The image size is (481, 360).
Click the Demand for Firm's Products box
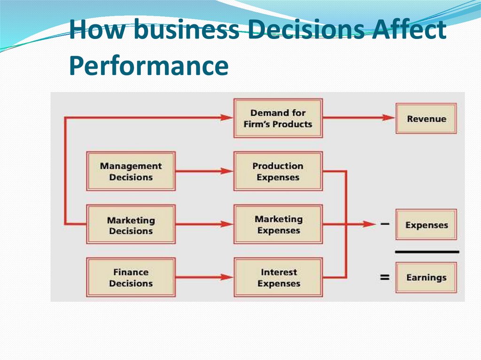pos(278,118)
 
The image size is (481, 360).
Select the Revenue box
pos(426,119)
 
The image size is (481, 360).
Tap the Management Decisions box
pos(131,171)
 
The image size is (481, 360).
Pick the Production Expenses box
pos(278,171)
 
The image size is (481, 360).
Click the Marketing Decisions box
pos(131,225)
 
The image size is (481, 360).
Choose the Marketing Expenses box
pos(278,224)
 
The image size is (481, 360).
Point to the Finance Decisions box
pos(131,277)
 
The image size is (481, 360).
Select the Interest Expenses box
pos(278,277)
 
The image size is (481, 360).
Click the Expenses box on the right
pos(426,225)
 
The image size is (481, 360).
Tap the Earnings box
pos(426,277)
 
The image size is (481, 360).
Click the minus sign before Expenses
pos(385,224)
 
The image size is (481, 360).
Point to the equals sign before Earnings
pos(385,277)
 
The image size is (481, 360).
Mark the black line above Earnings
pos(427,252)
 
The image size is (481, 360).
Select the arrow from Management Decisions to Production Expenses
pos(204,171)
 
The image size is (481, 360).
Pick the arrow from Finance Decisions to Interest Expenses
pos(204,277)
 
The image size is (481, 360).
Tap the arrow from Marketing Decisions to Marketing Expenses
pos(204,224)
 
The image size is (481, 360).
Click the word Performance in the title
pos(148,66)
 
